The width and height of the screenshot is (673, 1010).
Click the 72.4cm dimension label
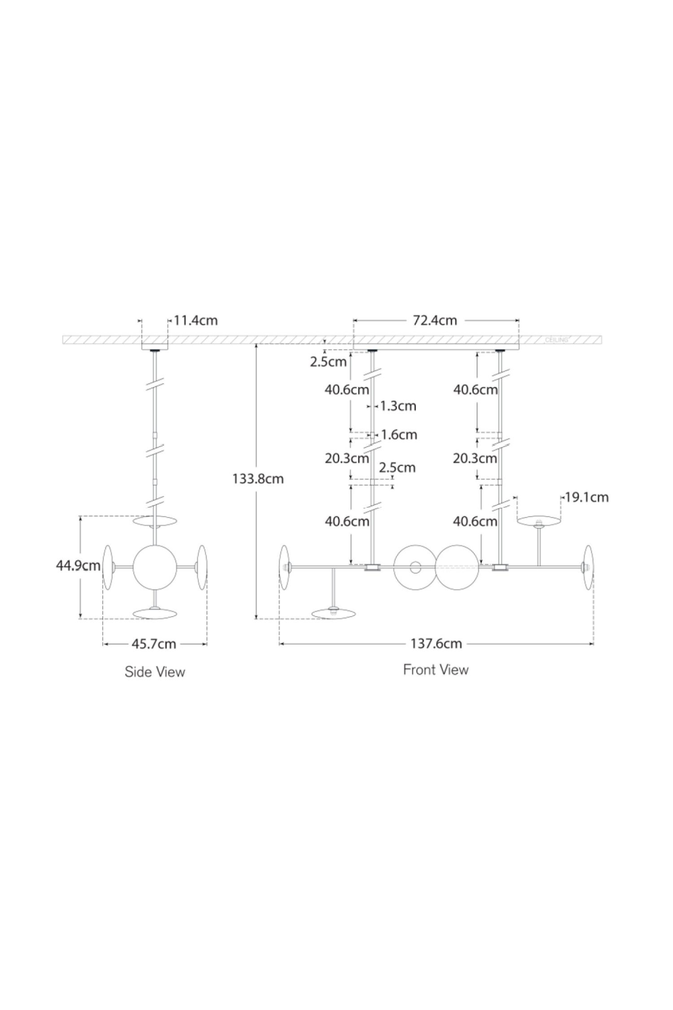coord(435,321)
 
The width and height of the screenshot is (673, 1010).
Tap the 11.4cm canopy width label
coord(196,321)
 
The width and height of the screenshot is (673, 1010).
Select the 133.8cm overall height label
coord(258,479)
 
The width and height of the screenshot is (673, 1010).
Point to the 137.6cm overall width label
coord(436,644)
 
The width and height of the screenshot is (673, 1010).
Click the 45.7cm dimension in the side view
coord(153,644)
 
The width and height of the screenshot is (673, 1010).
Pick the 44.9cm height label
coord(78,566)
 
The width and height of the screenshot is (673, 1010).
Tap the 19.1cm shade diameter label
coord(586,498)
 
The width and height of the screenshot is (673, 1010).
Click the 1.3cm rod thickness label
coord(398,406)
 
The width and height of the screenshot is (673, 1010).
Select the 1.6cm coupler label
coord(399,435)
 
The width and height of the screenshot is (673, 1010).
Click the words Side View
coord(155,672)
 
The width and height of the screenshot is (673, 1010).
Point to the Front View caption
coord(435,670)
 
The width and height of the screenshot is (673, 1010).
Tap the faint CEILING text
coord(557,339)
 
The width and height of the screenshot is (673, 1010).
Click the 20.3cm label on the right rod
coord(474,459)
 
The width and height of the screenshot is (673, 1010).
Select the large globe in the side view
coord(155,567)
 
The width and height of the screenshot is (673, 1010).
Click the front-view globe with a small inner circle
coord(415,568)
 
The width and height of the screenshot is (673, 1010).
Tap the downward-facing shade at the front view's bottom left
coord(334,613)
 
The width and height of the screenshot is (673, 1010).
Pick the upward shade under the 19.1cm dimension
coord(538,521)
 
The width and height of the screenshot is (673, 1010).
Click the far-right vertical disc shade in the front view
coord(588,568)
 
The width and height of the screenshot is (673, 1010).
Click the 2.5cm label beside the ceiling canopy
coord(328,362)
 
